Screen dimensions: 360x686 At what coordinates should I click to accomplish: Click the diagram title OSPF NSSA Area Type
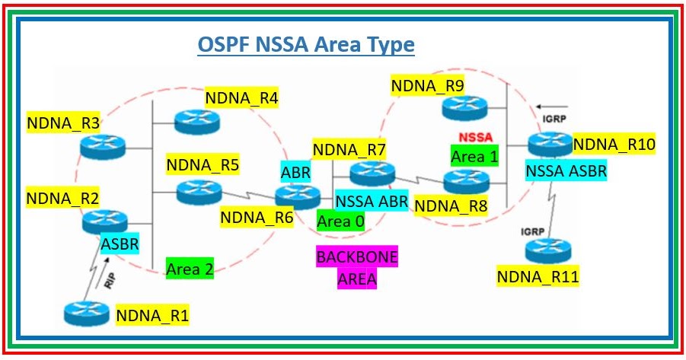click(x=306, y=45)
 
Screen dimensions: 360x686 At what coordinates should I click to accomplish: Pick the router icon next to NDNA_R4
click(x=196, y=120)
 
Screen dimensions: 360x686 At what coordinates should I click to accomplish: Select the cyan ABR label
click(x=295, y=172)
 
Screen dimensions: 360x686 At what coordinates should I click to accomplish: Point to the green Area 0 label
click(x=340, y=221)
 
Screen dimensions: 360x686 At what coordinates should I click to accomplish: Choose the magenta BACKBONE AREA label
click(x=357, y=268)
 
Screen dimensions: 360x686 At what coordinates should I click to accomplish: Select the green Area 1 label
click(x=474, y=156)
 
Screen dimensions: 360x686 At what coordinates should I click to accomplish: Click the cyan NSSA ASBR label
click(x=566, y=171)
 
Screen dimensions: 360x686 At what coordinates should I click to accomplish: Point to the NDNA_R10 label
click(x=614, y=144)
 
